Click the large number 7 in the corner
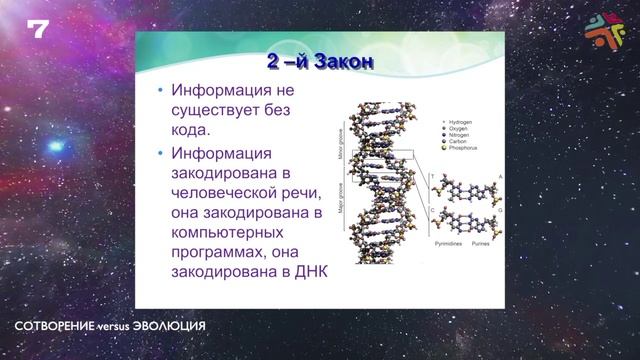coord(38,29)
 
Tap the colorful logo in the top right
coord(604,29)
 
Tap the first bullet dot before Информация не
coord(160,90)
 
